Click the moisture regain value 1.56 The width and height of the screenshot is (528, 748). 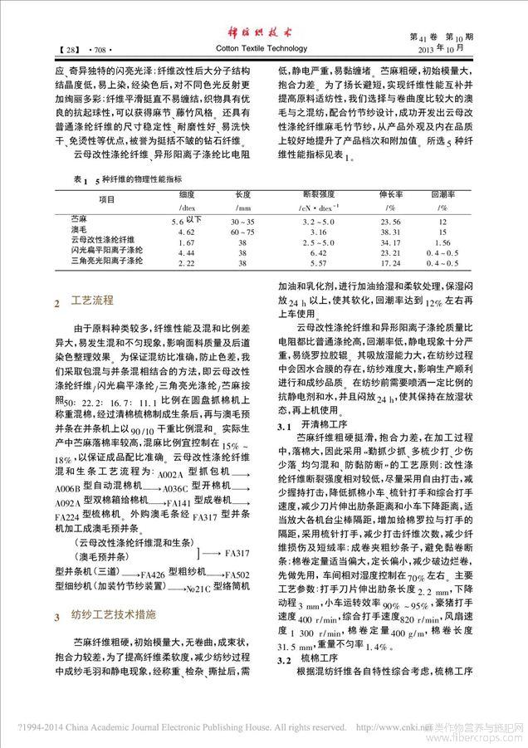tap(443, 242)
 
